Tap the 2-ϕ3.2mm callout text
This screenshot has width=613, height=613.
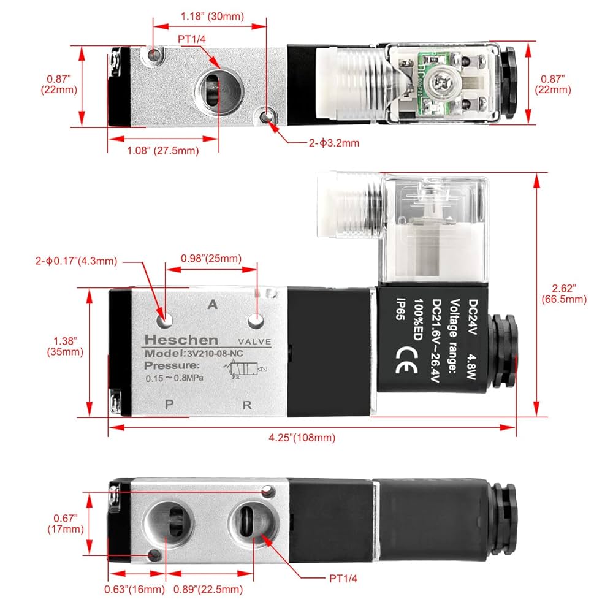pos(333,143)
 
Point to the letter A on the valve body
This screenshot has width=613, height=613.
pos(213,304)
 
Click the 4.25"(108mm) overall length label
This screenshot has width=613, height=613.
pos(303,437)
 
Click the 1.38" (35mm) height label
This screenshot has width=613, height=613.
pos(65,346)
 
